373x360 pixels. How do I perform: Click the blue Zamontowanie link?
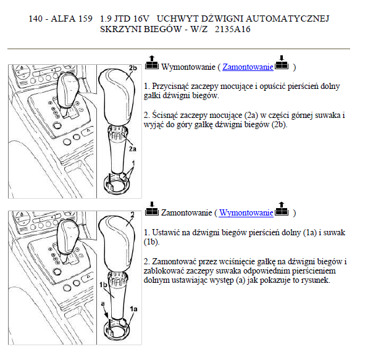[x=248, y=67]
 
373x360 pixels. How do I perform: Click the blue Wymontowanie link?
[x=246, y=212]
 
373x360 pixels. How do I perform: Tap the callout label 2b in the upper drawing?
[x=133, y=68]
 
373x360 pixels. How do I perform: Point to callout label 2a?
[x=133, y=149]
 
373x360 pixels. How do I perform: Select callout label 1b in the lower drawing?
[x=103, y=285]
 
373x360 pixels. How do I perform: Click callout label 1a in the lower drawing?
[x=133, y=309]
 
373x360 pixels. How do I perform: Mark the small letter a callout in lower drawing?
[x=103, y=304]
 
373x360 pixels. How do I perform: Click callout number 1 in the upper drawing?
[x=133, y=163]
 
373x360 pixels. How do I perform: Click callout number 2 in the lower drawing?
[x=133, y=215]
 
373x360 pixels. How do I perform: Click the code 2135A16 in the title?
[x=232, y=29]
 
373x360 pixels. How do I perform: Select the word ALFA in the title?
[x=62, y=19]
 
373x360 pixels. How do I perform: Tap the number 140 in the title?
[x=36, y=19]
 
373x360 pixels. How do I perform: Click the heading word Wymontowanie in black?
[x=188, y=67]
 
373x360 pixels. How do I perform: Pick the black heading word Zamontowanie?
[x=186, y=212]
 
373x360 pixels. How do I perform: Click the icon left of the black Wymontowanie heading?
[x=152, y=62]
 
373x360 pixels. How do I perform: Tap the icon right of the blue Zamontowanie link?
[x=282, y=62]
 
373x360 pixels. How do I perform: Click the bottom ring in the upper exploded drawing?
[x=117, y=184]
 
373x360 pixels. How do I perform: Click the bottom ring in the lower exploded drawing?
[x=117, y=330]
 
